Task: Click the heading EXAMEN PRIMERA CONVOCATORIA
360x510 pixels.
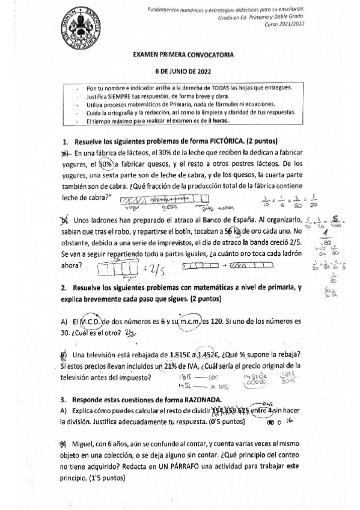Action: pyautogui.click(x=179, y=54)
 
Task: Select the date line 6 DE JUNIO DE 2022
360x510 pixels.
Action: pyautogui.click(x=179, y=70)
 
